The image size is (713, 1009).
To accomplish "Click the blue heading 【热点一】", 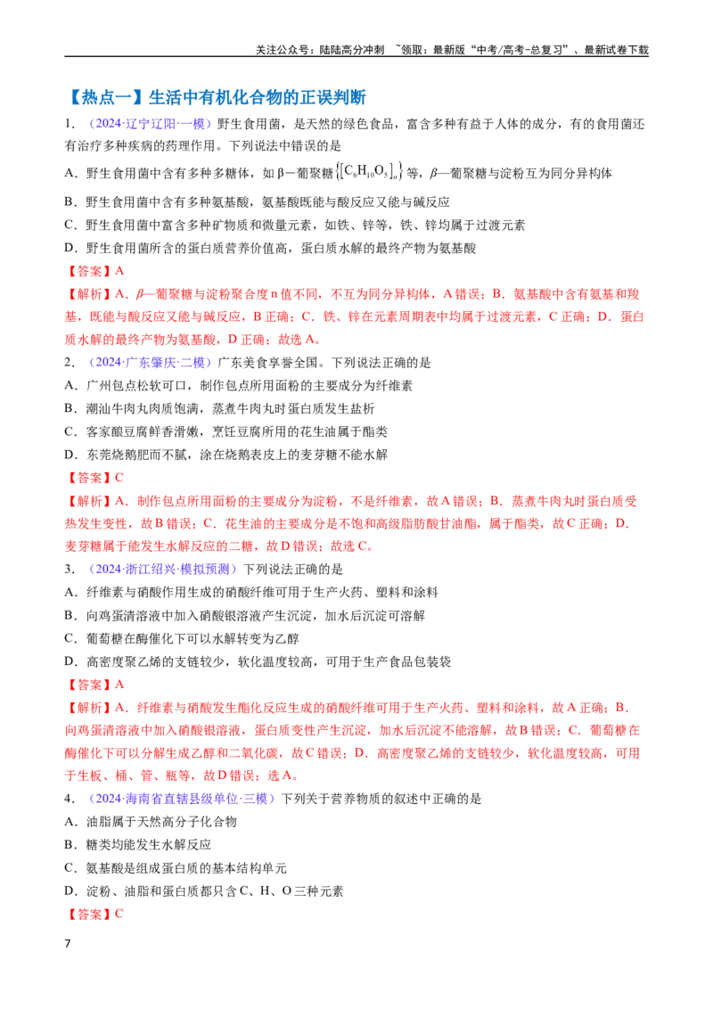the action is point(106,97).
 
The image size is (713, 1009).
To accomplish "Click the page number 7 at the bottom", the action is point(68,943).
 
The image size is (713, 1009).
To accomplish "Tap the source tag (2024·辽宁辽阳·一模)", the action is point(151,124).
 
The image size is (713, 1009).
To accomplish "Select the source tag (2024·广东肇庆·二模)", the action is point(151,362).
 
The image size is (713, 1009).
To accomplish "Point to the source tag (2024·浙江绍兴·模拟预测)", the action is point(163,569).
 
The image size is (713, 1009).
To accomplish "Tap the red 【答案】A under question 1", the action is point(94,271).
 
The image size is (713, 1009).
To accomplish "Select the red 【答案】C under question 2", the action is point(94,478).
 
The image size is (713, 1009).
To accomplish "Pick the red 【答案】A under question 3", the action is point(94,684).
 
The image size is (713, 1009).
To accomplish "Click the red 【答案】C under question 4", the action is point(94,914).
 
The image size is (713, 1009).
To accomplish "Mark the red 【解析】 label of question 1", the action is point(88,294).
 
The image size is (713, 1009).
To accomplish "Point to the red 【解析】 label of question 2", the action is point(88,501).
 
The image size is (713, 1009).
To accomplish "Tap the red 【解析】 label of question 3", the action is point(88,707).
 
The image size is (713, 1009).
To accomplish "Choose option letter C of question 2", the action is point(70,431).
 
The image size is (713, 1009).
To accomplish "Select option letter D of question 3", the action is point(70,661).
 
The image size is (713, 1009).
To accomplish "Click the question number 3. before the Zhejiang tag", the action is point(70,569).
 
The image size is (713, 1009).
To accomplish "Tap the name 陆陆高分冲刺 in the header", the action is point(352,50).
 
